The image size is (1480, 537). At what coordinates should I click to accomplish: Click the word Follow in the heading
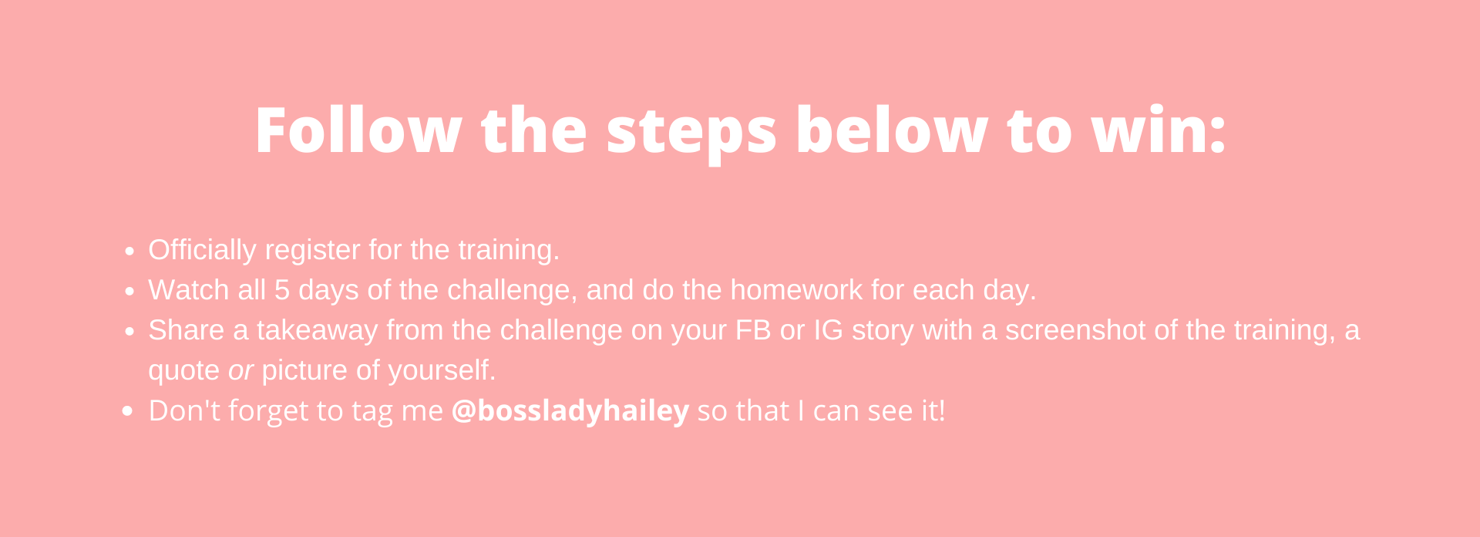tap(358, 130)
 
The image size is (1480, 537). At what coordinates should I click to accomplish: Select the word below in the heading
tap(891, 129)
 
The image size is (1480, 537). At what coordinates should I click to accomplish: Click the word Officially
tap(202, 251)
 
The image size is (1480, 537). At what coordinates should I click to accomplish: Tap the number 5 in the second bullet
tap(282, 290)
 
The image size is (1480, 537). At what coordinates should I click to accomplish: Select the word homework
tap(796, 290)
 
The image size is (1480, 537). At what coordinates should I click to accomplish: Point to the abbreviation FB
tap(753, 330)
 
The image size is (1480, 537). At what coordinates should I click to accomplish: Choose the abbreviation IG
tap(829, 330)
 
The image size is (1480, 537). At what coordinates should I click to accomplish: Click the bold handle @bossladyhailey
tap(570, 411)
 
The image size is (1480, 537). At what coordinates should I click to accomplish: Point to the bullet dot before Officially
tap(129, 252)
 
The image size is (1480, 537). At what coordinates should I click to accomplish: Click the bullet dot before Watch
tap(129, 292)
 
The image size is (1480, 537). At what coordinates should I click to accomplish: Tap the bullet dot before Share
tap(129, 332)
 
